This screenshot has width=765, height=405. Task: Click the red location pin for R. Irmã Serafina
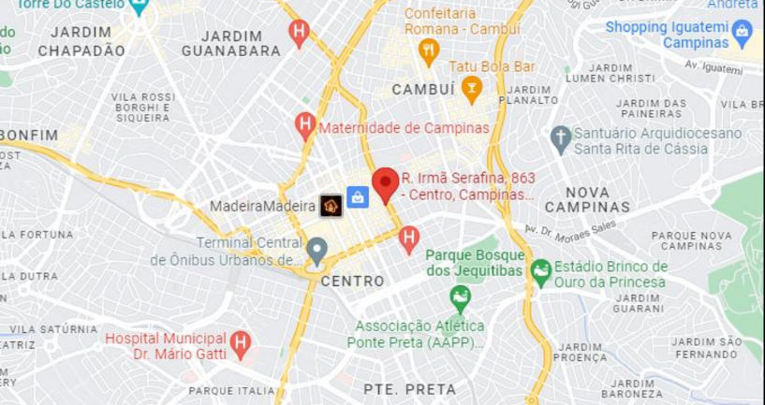pos(385,184)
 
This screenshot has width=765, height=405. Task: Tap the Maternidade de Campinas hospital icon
pos(304,125)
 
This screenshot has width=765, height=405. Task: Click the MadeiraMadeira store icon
pos(331,206)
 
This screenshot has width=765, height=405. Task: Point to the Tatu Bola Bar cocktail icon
pos(471,89)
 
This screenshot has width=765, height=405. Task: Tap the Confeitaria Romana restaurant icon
pos(429,51)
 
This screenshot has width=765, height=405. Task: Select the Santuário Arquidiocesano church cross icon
pos(561,139)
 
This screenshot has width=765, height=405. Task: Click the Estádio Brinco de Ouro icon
pos(540,273)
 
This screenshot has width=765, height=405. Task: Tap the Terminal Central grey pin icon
pos(317,251)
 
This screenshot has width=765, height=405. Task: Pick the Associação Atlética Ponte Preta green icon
pos(460,299)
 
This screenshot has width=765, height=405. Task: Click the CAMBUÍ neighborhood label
pos(423,89)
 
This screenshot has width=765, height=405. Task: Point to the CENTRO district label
pos(352,281)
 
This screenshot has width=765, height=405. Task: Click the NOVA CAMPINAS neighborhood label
pos(587,199)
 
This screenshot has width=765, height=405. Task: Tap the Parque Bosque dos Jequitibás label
pos(474,262)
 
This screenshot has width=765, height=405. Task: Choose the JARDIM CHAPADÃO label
pos(81,41)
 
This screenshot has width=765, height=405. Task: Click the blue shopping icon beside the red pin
pos(357,196)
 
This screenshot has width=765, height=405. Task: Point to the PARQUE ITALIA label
pos(232,390)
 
